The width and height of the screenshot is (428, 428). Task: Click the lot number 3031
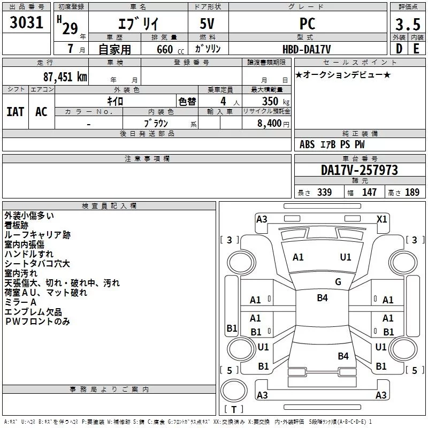pos(26,22)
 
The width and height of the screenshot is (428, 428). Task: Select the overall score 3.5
pos(408,25)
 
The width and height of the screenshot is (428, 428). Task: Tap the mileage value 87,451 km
pos(65,77)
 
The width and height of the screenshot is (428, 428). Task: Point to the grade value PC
pos(307,24)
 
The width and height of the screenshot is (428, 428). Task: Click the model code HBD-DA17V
pos(307,49)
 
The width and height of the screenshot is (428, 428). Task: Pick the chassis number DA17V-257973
pos(360,170)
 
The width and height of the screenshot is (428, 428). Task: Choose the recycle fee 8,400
pos(269,124)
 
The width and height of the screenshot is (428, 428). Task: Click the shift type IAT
pos(16,111)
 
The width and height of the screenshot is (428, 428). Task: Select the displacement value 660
pos(165,49)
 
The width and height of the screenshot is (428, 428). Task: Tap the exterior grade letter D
pos(399,49)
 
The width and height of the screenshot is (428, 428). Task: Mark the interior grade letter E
pos(416,49)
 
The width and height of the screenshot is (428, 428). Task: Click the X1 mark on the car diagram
pos(381,219)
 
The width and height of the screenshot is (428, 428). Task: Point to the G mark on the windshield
pos(338,281)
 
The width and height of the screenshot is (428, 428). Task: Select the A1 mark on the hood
pos(298,257)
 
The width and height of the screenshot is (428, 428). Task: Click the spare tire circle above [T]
pos(234,390)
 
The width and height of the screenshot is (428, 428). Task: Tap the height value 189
pos(412,192)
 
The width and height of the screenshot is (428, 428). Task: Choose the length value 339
pos(324,192)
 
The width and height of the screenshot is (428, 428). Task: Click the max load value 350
pos(270,101)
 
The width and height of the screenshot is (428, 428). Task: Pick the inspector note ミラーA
pos(20,302)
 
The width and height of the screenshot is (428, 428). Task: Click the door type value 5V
pos(207,24)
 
